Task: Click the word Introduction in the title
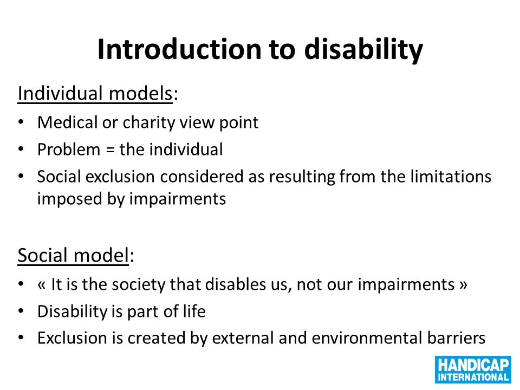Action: [x=180, y=49]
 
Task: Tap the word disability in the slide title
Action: [x=363, y=50]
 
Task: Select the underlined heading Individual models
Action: [x=95, y=94]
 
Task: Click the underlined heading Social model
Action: [x=73, y=255]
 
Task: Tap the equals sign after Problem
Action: [x=110, y=150]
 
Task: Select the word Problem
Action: [x=69, y=149]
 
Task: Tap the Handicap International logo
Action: [x=473, y=370]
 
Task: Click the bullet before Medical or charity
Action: [x=21, y=122]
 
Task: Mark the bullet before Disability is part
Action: [x=21, y=311]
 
